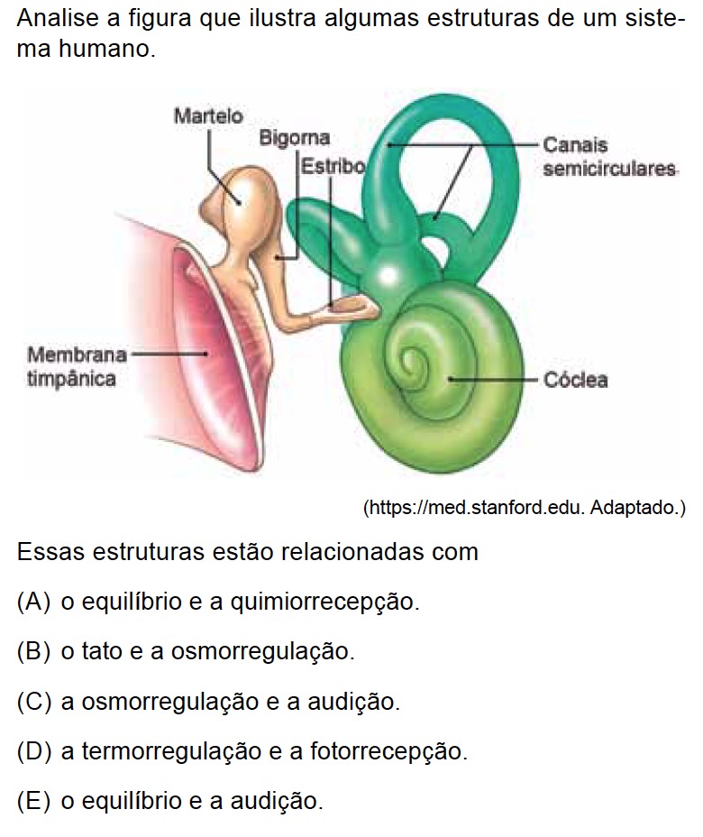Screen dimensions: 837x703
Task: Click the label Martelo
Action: pos(208,116)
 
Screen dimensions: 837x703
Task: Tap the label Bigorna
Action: pos(294,139)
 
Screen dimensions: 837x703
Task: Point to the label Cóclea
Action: pos(575,380)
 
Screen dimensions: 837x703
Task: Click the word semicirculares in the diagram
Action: pos(610,169)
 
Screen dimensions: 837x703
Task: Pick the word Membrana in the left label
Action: pos(77,354)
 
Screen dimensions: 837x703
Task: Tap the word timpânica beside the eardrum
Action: pos(71,379)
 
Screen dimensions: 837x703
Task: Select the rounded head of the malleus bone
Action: pos(242,194)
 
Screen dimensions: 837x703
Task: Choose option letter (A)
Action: pos(33,602)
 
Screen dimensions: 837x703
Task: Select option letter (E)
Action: pos(33,800)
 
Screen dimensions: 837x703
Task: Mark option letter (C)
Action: pos(33,701)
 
